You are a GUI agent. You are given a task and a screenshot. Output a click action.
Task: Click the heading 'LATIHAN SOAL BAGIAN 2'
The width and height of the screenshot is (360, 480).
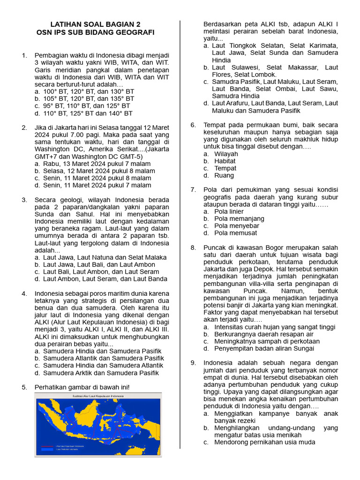(x=95, y=24)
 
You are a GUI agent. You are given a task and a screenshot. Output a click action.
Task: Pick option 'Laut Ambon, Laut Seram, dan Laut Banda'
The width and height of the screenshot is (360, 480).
(x=105, y=279)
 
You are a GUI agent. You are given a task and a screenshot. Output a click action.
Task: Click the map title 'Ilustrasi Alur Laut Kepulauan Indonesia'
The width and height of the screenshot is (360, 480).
(x=98, y=397)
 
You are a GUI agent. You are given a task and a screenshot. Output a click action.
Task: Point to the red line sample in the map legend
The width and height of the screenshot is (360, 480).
(x=46, y=446)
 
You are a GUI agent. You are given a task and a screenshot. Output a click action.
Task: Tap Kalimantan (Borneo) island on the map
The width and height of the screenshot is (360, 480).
(x=88, y=417)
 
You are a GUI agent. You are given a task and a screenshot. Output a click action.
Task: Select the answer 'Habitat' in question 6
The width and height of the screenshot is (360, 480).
(x=225, y=161)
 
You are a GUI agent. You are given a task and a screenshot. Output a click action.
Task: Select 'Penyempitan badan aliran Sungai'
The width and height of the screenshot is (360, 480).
(x=264, y=348)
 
